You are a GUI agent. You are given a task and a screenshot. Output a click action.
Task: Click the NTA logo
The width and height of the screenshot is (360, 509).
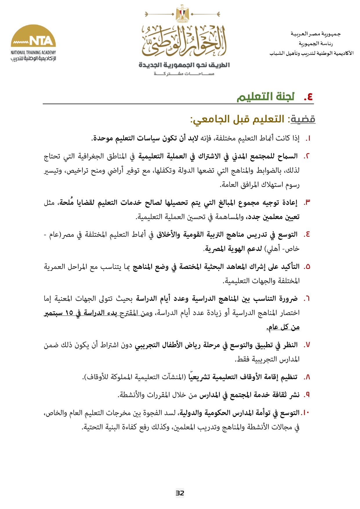pos(33,36)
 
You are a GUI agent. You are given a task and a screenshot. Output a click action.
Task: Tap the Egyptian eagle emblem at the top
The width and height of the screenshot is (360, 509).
pos(182,14)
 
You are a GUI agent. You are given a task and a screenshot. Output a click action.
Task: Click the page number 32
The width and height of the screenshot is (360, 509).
pos(180,493)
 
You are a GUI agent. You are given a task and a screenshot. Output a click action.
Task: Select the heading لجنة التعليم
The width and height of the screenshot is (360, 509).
pos(266,97)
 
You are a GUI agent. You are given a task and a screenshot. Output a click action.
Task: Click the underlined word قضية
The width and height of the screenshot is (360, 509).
pos(303,119)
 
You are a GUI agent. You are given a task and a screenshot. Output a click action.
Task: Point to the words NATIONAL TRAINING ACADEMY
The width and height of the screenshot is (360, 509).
pos(33,52)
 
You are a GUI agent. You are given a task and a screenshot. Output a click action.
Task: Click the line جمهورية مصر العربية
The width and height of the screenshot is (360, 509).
pos(316,34)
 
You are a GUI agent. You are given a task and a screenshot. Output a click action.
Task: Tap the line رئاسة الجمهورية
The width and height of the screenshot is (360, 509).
pos(316,44)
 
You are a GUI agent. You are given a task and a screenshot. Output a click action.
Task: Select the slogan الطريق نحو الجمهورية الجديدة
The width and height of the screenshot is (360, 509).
pos(184,65)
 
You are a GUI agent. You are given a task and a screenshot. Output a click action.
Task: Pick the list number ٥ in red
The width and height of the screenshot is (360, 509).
pos(307,267)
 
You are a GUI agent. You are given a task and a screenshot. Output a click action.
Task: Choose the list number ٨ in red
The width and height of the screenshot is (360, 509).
pos(307,377)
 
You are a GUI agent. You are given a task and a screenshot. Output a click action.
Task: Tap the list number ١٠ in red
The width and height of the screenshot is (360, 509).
pos(305,413)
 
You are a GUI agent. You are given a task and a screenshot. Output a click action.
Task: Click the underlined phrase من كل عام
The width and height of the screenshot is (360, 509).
pos(283,327)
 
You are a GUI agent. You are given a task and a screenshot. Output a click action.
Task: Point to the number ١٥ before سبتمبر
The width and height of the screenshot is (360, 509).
pos(69,313)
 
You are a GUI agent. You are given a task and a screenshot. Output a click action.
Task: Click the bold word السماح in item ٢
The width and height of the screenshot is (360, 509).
pos(287,156)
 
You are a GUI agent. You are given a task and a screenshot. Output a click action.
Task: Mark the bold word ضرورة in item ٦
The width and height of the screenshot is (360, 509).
pos(287,298)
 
